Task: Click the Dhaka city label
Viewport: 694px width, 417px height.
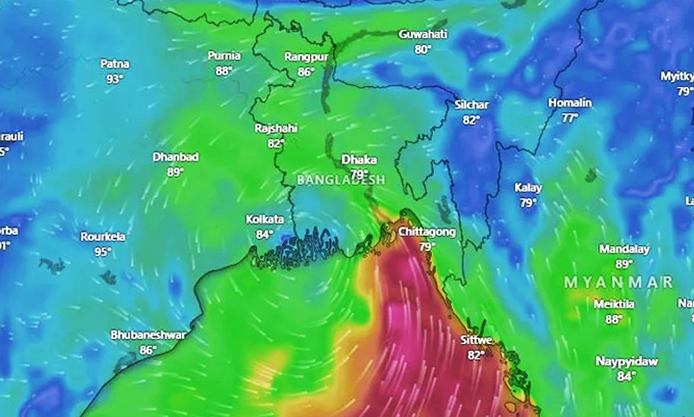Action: point(359,160)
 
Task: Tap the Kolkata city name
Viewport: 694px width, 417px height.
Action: point(264,220)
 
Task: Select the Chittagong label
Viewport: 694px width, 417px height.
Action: point(427,231)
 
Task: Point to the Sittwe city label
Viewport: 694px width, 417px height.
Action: point(476,341)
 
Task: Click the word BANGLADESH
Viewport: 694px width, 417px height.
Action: point(341,179)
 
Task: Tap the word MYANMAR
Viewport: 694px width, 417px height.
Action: point(618,282)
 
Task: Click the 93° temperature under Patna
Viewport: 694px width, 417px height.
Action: point(115,79)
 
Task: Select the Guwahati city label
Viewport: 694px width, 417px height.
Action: point(423,34)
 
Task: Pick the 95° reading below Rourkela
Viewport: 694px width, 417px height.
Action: point(103,252)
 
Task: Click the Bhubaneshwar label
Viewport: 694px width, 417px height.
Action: point(148,335)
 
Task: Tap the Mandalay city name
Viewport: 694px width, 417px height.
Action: point(624,250)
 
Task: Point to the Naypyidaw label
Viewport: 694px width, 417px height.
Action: point(626,361)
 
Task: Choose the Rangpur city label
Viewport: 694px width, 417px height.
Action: point(306,56)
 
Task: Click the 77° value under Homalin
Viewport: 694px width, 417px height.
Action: point(570,118)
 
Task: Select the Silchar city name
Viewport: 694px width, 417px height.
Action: point(471,105)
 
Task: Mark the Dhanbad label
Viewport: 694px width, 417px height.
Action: point(175,157)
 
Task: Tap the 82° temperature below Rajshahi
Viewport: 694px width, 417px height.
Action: point(276,144)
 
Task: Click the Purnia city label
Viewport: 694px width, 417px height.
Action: point(224,56)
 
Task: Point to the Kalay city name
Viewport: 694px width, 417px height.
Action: point(528,188)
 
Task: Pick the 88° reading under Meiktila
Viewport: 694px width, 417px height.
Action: point(613,320)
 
